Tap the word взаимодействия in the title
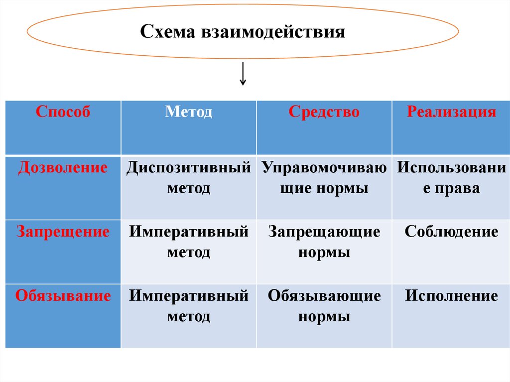[x=273, y=32]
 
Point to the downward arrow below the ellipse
[x=243, y=74]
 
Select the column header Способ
[x=63, y=112]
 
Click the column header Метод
[x=189, y=112]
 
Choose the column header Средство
[x=324, y=112]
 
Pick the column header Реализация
[x=451, y=112]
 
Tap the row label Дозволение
[x=63, y=168]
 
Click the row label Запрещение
[x=63, y=232]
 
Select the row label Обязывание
[x=63, y=296]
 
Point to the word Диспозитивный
[x=188, y=168]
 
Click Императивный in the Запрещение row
[x=189, y=232]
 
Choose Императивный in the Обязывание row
[x=189, y=296]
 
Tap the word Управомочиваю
[x=324, y=168]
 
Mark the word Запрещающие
[x=324, y=232]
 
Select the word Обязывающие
[x=324, y=296]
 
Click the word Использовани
[x=451, y=168]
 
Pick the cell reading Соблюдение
[x=451, y=232]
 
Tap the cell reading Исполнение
[x=451, y=296]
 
